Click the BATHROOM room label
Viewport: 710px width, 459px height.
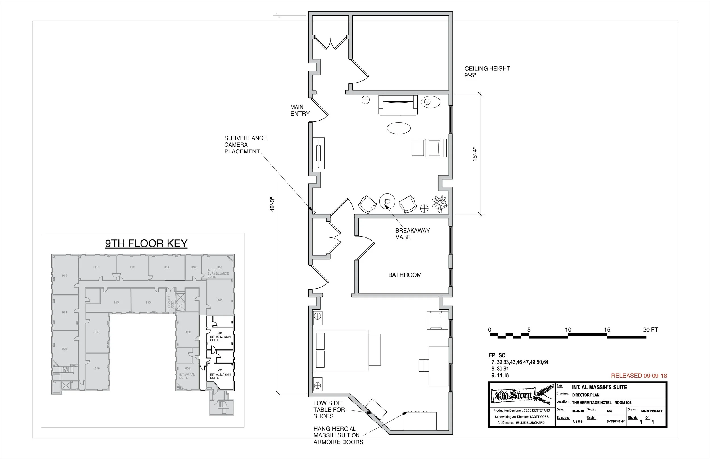(x=405, y=275)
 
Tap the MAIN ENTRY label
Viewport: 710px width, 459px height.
(x=300, y=110)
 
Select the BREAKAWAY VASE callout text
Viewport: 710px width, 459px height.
(x=412, y=234)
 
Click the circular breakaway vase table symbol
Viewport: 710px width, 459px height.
(x=387, y=201)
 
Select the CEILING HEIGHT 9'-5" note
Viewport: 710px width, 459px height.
(x=487, y=71)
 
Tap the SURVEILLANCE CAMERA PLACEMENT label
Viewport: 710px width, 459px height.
(x=245, y=145)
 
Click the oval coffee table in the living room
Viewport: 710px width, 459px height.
(x=398, y=128)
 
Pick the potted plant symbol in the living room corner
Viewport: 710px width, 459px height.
(x=440, y=204)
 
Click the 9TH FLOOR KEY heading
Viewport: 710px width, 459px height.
(x=146, y=243)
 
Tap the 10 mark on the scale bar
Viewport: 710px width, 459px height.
(x=568, y=330)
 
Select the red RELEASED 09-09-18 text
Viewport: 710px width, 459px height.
(x=639, y=376)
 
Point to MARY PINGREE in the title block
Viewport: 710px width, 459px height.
(x=652, y=411)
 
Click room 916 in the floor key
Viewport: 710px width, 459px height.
(x=64, y=275)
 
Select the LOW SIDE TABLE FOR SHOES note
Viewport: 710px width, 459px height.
(x=329, y=410)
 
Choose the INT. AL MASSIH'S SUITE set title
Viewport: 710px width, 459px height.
(x=599, y=387)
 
